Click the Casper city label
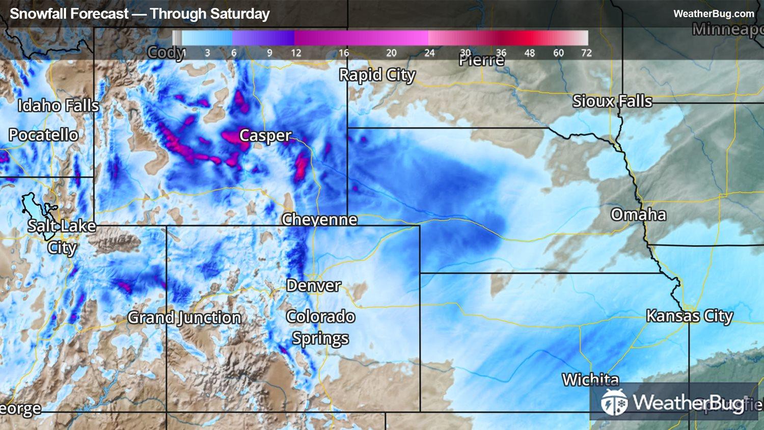[x=265, y=136]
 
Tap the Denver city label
[x=313, y=285]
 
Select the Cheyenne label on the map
[x=319, y=220]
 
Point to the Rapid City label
[x=377, y=75]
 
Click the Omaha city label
[x=638, y=214]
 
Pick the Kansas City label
[x=689, y=316]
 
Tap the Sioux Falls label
[x=612, y=101]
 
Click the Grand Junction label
[x=184, y=318]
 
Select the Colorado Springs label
[x=320, y=327]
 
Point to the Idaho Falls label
[x=58, y=105]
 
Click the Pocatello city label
[x=43, y=135]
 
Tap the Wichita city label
[x=590, y=379]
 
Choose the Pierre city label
[x=481, y=60]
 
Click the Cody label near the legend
[x=166, y=52]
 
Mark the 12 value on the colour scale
[x=296, y=53]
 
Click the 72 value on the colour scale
[x=586, y=53]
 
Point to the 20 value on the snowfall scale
[x=391, y=53]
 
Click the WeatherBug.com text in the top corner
[x=714, y=14]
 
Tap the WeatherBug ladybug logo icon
[x=614, y=402]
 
